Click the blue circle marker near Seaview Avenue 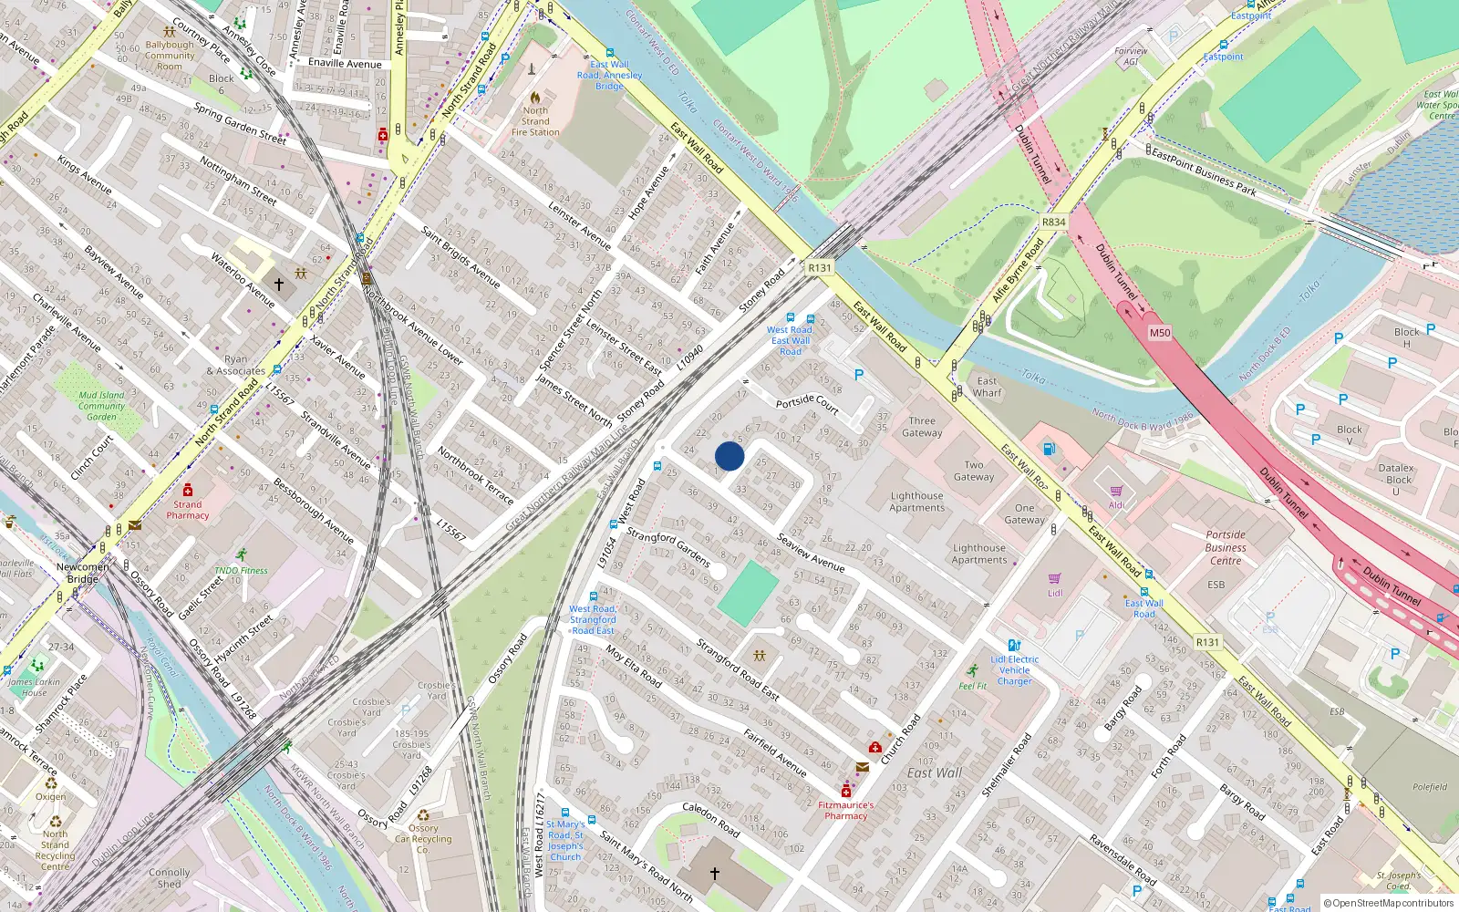(729, 456)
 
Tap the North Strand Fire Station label (535, 121)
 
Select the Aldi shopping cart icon (1116, 491)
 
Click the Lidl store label (1055, 593)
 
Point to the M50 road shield (1159, 333)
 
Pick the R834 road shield (1053, 222)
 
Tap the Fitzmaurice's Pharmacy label (845, 811)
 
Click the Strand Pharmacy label (188, 510)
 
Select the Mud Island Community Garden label (101, 406)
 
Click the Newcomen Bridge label (82, 573)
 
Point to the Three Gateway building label (922, 427)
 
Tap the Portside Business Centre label (1226, 547)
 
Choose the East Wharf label (987, 387)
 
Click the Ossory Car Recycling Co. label (422, 839)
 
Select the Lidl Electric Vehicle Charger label (1014, 669)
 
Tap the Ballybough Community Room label (170, 56)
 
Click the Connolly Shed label (170, 877)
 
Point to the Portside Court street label (807, 402)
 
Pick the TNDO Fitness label (241, 571)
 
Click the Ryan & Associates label (235, 365)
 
